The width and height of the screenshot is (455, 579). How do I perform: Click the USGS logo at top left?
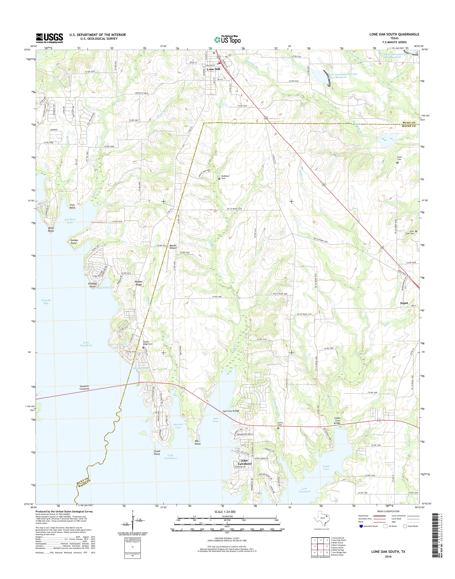coord(49,38)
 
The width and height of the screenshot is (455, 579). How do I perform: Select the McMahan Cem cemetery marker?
coord(219,179)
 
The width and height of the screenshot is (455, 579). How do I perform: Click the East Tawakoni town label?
coord(244,462)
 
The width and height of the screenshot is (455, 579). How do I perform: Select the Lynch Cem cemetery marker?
coord(278,428)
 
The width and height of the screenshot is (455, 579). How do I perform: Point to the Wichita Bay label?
coord(46,301)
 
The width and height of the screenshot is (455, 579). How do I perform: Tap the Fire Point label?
coord(72,206)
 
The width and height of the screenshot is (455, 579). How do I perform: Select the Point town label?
coord(404,303)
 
